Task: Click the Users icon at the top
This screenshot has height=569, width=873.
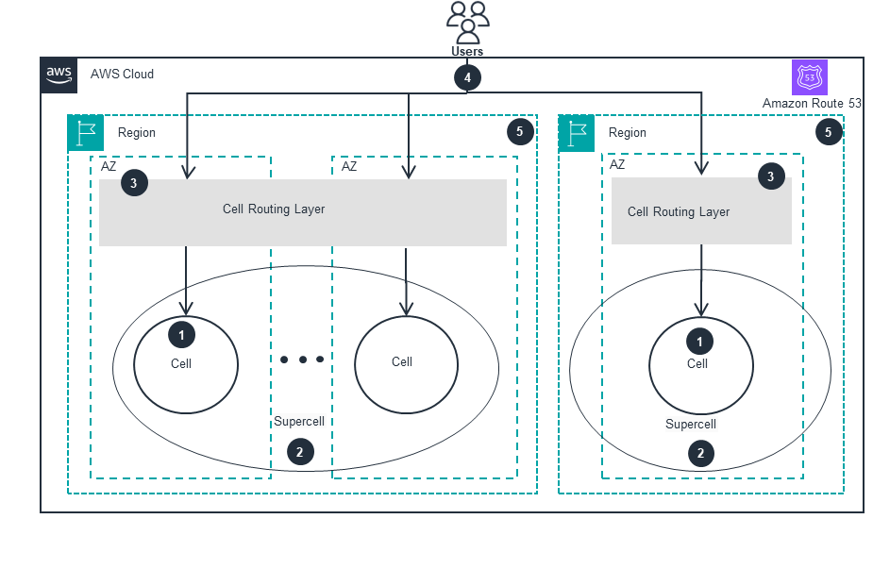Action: click(467, 23)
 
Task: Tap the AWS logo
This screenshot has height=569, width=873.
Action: click(59, 75)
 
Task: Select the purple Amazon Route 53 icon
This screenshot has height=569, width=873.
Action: click(809, 76)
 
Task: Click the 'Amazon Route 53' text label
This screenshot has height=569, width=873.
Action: click(812, 103)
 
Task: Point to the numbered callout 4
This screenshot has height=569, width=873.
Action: click(466, 77)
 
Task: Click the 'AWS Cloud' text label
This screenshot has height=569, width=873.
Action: click(122, 75)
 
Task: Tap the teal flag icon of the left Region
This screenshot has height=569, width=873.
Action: click(86, 133)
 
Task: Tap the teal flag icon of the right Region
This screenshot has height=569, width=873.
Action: click(577, 133)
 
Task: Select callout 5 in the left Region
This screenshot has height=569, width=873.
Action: click(519, 132)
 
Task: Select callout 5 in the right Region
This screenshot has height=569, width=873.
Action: click(828, 132)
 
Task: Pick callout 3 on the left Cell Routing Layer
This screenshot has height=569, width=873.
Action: click(134, 184)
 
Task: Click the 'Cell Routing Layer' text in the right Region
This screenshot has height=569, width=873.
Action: click(679, 212)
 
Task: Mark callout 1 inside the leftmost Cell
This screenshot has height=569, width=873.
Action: click(180, 334)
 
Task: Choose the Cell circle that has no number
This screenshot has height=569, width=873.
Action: click(406, 364)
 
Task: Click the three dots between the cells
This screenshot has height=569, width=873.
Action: click(302, 360)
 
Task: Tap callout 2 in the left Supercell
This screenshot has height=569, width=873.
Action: click(299, 452)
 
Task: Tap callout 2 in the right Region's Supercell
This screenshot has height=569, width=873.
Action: click(699, 453)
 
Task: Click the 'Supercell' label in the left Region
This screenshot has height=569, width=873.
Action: click(299, 422)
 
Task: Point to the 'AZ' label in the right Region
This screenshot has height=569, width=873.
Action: click(617, 164)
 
